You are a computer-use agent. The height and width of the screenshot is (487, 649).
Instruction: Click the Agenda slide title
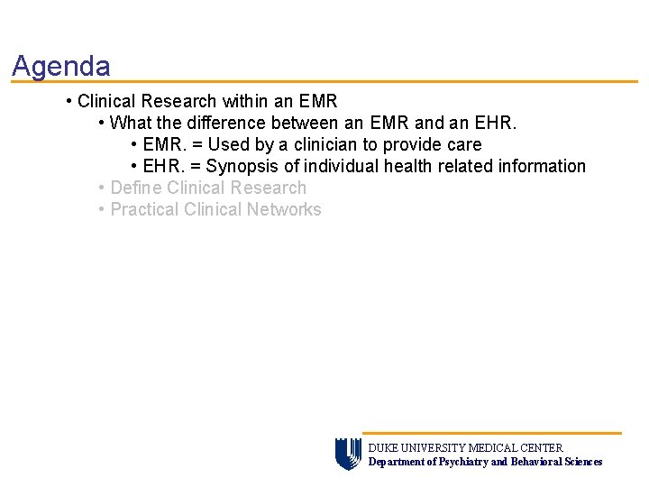click(x=61, y=66)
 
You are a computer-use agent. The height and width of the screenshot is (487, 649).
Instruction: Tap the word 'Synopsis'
click(x=243, y=166)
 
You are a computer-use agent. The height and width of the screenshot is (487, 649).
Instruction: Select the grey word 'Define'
click(x=136, y=188)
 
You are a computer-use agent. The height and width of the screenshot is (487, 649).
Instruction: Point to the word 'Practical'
click(x=144, y=209)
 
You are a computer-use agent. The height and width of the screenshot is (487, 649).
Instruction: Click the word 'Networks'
click(x=287, y=209)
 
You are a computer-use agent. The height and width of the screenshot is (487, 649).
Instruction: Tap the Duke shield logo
click(x=348, y=454)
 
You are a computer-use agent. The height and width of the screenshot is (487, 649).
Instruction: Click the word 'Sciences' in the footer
click(x=583, y=462)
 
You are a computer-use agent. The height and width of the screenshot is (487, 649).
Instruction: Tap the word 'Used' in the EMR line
click(x=229, y=144)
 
